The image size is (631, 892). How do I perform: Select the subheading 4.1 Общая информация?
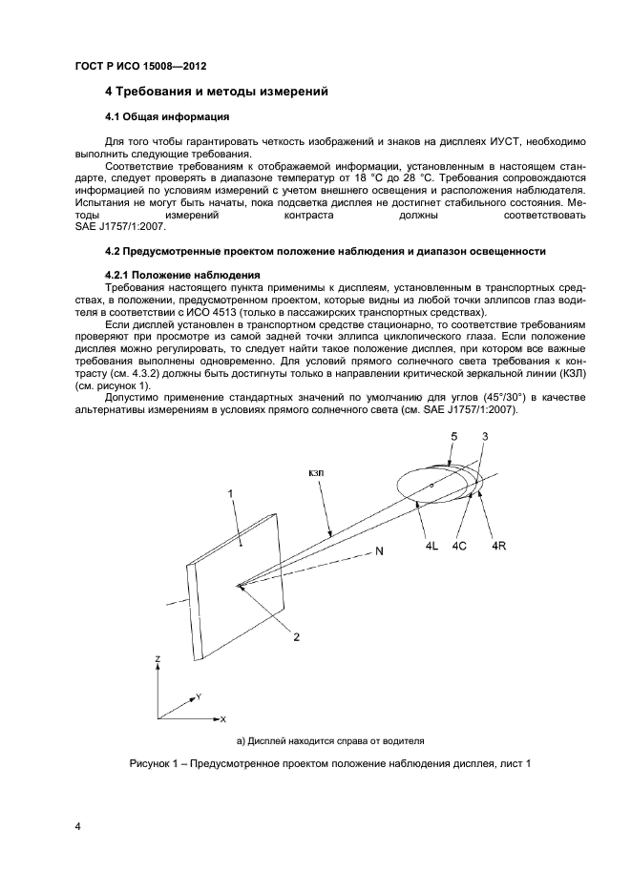(x=166, y=117)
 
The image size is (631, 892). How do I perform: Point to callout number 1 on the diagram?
(x=230, y=492)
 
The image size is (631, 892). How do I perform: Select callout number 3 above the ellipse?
(x=485, y=437)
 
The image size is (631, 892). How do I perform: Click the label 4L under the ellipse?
(x=432, y=545)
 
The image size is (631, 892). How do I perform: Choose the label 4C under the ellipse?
(x=460, y=545)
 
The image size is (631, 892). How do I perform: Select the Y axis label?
(x=198, y=697)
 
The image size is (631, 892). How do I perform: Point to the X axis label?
(x=221, y=717)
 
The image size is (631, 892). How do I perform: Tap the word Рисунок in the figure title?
(x=155, y=764)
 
